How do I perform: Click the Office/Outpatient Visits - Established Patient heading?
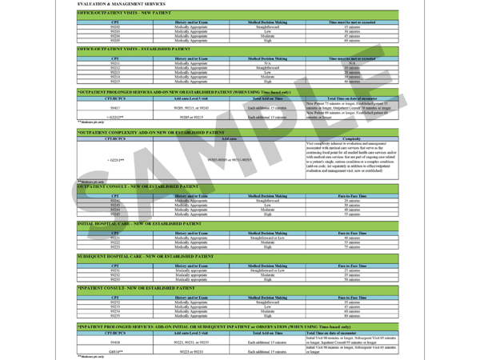(135, 50)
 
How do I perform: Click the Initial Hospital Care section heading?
(139, 224)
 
